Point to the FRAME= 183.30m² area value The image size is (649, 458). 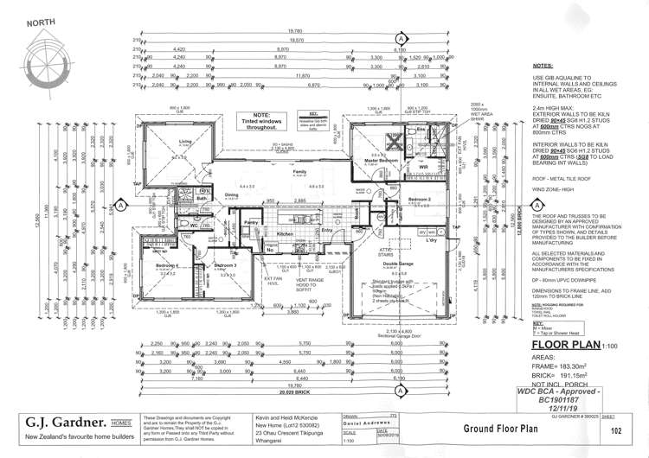pyautogui.click(x=563, y=367)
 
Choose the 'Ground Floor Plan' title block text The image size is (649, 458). pyautogui.click(x=490, y=428)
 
